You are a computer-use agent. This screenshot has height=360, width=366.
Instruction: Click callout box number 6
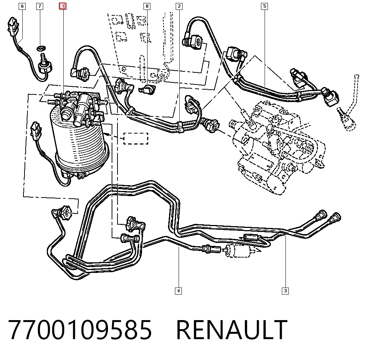pyautogui.click(x=22, y=6)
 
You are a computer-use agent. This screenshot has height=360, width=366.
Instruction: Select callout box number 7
pyautogui.click(x=40, y=6)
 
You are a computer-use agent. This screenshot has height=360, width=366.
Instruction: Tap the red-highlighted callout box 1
pyautogui.click(x=63, y=6)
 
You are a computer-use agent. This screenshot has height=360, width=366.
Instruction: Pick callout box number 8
pyautogui.click(x=147, y=6)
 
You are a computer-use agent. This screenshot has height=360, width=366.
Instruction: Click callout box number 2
pyautogui.click(x=179, y=6)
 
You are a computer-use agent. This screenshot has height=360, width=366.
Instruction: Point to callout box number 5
pyautogui.click(x=264, y=6)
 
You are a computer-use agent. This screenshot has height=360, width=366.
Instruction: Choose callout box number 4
pyautogui.click(x=178, y=291)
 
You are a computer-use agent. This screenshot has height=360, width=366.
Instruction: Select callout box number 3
pyautogui.click(x=285, y=291)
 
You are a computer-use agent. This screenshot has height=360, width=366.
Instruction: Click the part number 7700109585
pyautogui.click(x=80, y=330)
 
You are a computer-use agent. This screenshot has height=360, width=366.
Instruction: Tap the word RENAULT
pyautogui.click(x=232, y=330)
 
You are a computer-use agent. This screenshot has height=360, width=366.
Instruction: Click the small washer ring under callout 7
pyautogui.click(x=41, y=49)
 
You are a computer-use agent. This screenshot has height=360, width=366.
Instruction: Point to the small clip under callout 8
pyautogui.click(x=147, y=90)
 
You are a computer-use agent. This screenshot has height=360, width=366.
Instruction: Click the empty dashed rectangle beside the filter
pyautogui.click(x=136, y=139)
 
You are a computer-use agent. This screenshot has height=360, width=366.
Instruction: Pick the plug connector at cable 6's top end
pyautogui.click(x=13, y=25)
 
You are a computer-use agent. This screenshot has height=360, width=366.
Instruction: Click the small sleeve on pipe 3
pyautogui.click(x=252, y=237)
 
